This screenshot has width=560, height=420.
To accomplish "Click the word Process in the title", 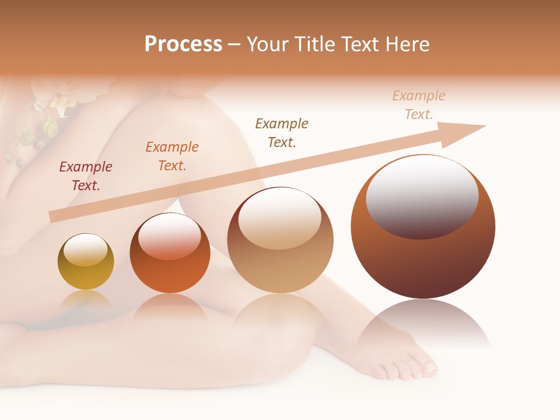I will pos(183,44).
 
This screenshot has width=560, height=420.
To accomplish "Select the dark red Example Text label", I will pos(86,176).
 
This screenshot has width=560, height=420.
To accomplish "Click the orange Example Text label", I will pos(171,156).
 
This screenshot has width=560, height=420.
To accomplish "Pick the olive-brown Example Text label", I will pos(282,132).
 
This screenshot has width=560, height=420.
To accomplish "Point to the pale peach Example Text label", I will pos(418,105).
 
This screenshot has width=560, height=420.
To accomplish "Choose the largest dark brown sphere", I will pos(423,257).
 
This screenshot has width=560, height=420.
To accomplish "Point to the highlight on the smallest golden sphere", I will pos(85,249).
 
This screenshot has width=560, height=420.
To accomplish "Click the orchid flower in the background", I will pos(58,99).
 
